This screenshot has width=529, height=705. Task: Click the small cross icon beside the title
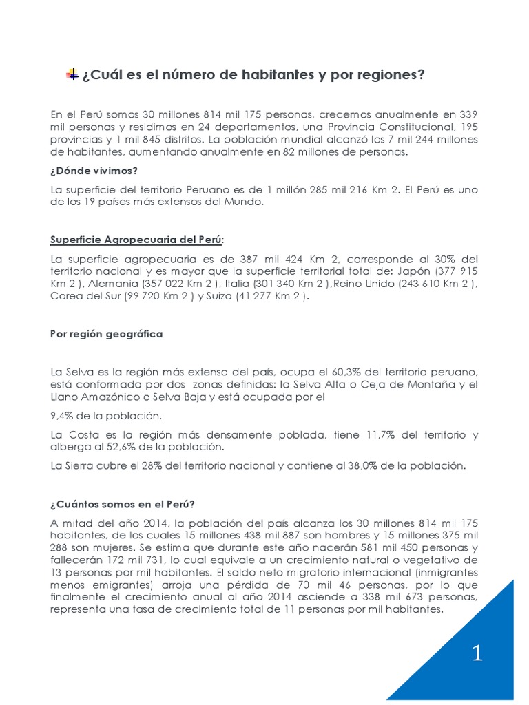[x=72, y=74]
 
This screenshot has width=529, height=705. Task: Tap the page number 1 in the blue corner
[x=477, y=653]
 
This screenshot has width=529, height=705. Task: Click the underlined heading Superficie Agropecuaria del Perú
[x=136, y=240]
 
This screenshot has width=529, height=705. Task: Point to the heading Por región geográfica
[x=106, y=335]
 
